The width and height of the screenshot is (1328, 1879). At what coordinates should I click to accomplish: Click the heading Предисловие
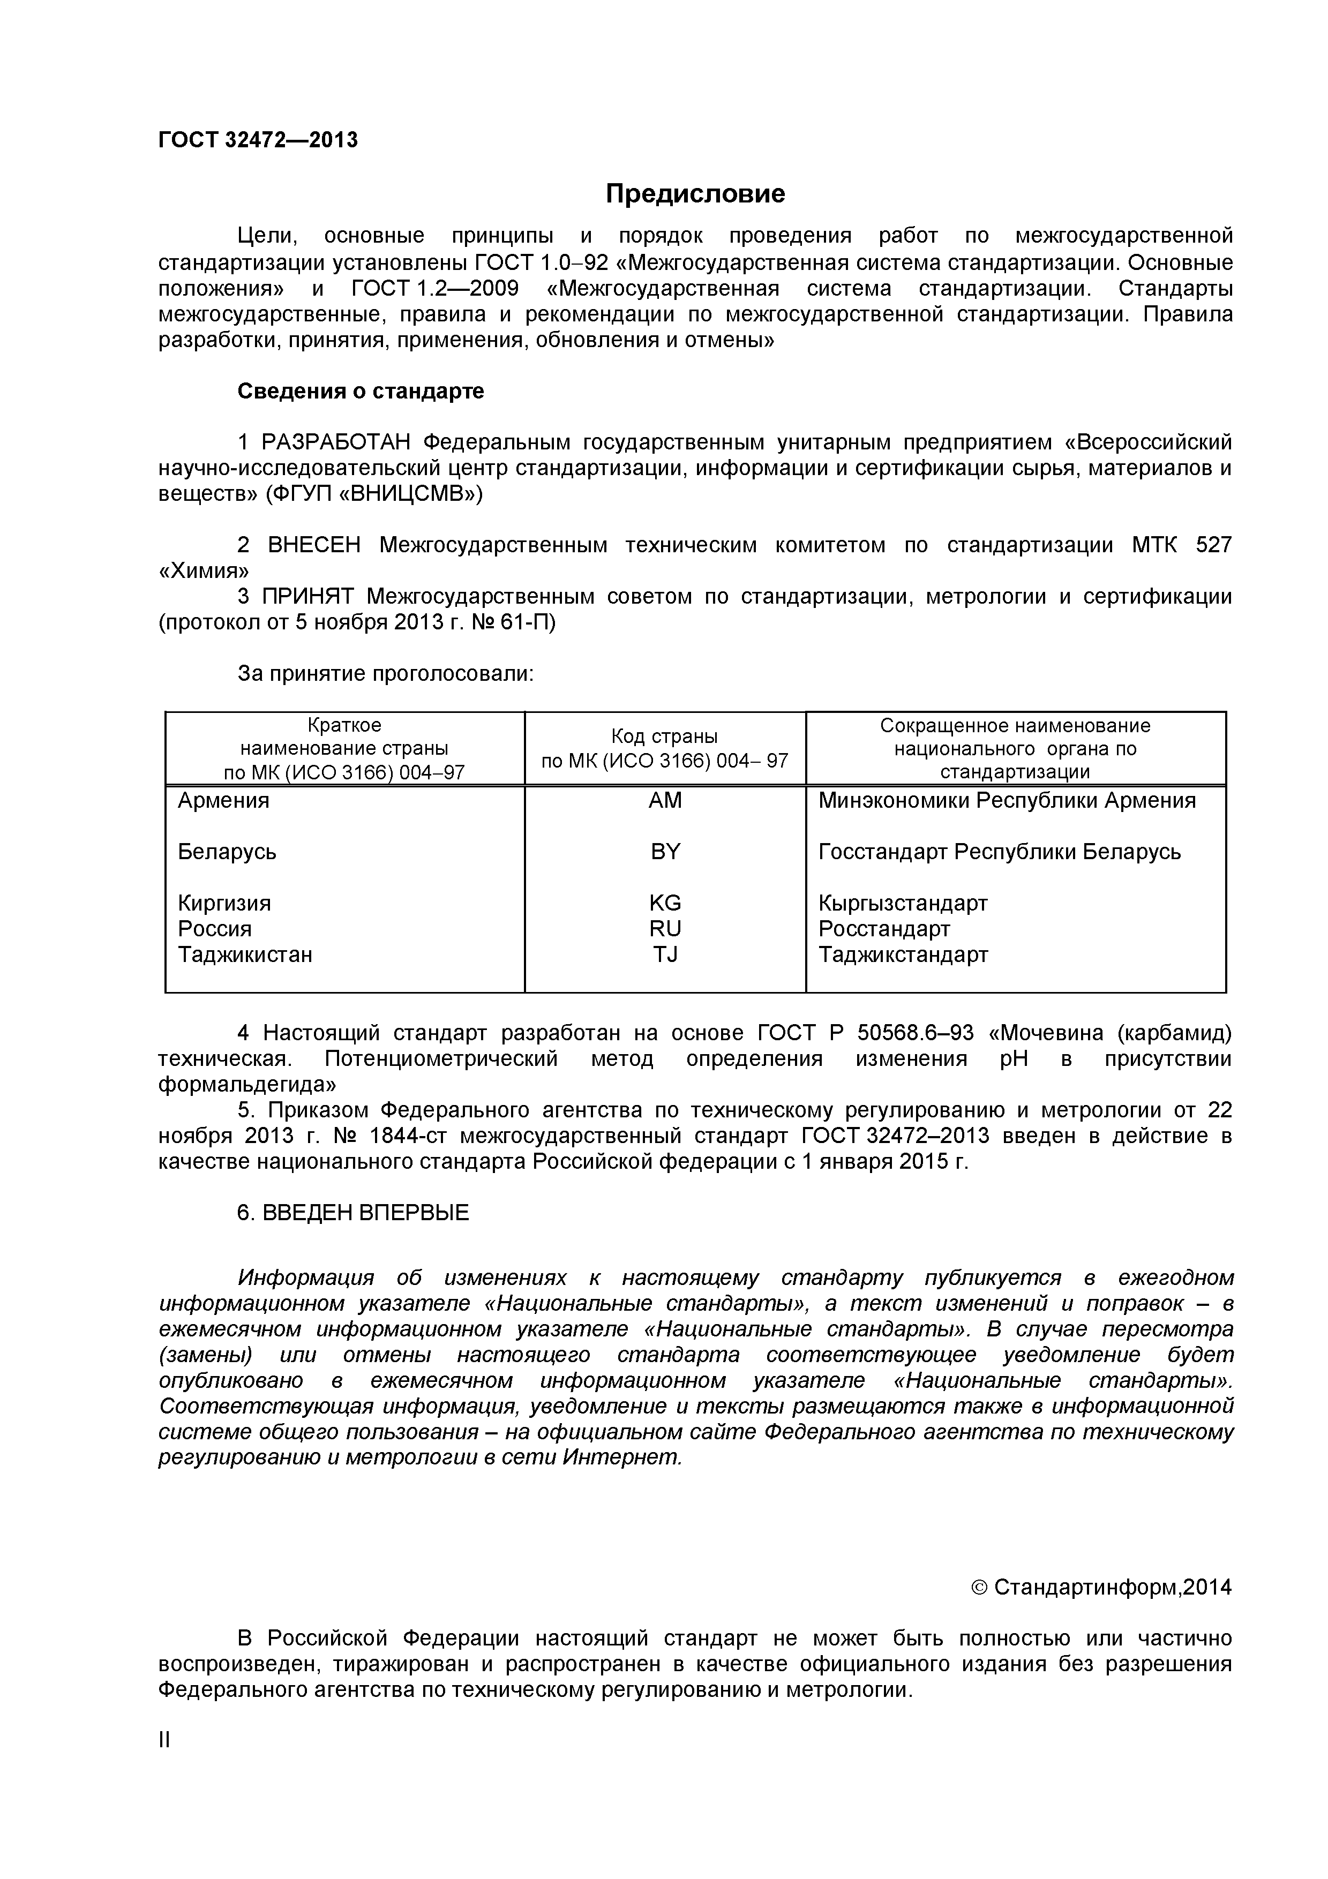pos(695,193)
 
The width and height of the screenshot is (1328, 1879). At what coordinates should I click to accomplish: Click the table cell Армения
pos(223,800)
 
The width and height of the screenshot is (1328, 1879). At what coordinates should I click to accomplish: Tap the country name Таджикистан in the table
pos(245,955)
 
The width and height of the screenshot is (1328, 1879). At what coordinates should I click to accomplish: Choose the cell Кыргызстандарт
pos(903,904)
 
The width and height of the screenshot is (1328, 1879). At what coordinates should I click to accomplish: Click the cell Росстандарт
pos(884,929)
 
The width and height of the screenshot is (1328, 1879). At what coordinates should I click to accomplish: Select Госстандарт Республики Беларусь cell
pos(999,852)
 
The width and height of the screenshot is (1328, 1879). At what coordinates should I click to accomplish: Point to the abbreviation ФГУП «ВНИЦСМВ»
pos(374,494)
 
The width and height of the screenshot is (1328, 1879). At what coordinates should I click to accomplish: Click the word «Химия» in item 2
pos(204,570)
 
